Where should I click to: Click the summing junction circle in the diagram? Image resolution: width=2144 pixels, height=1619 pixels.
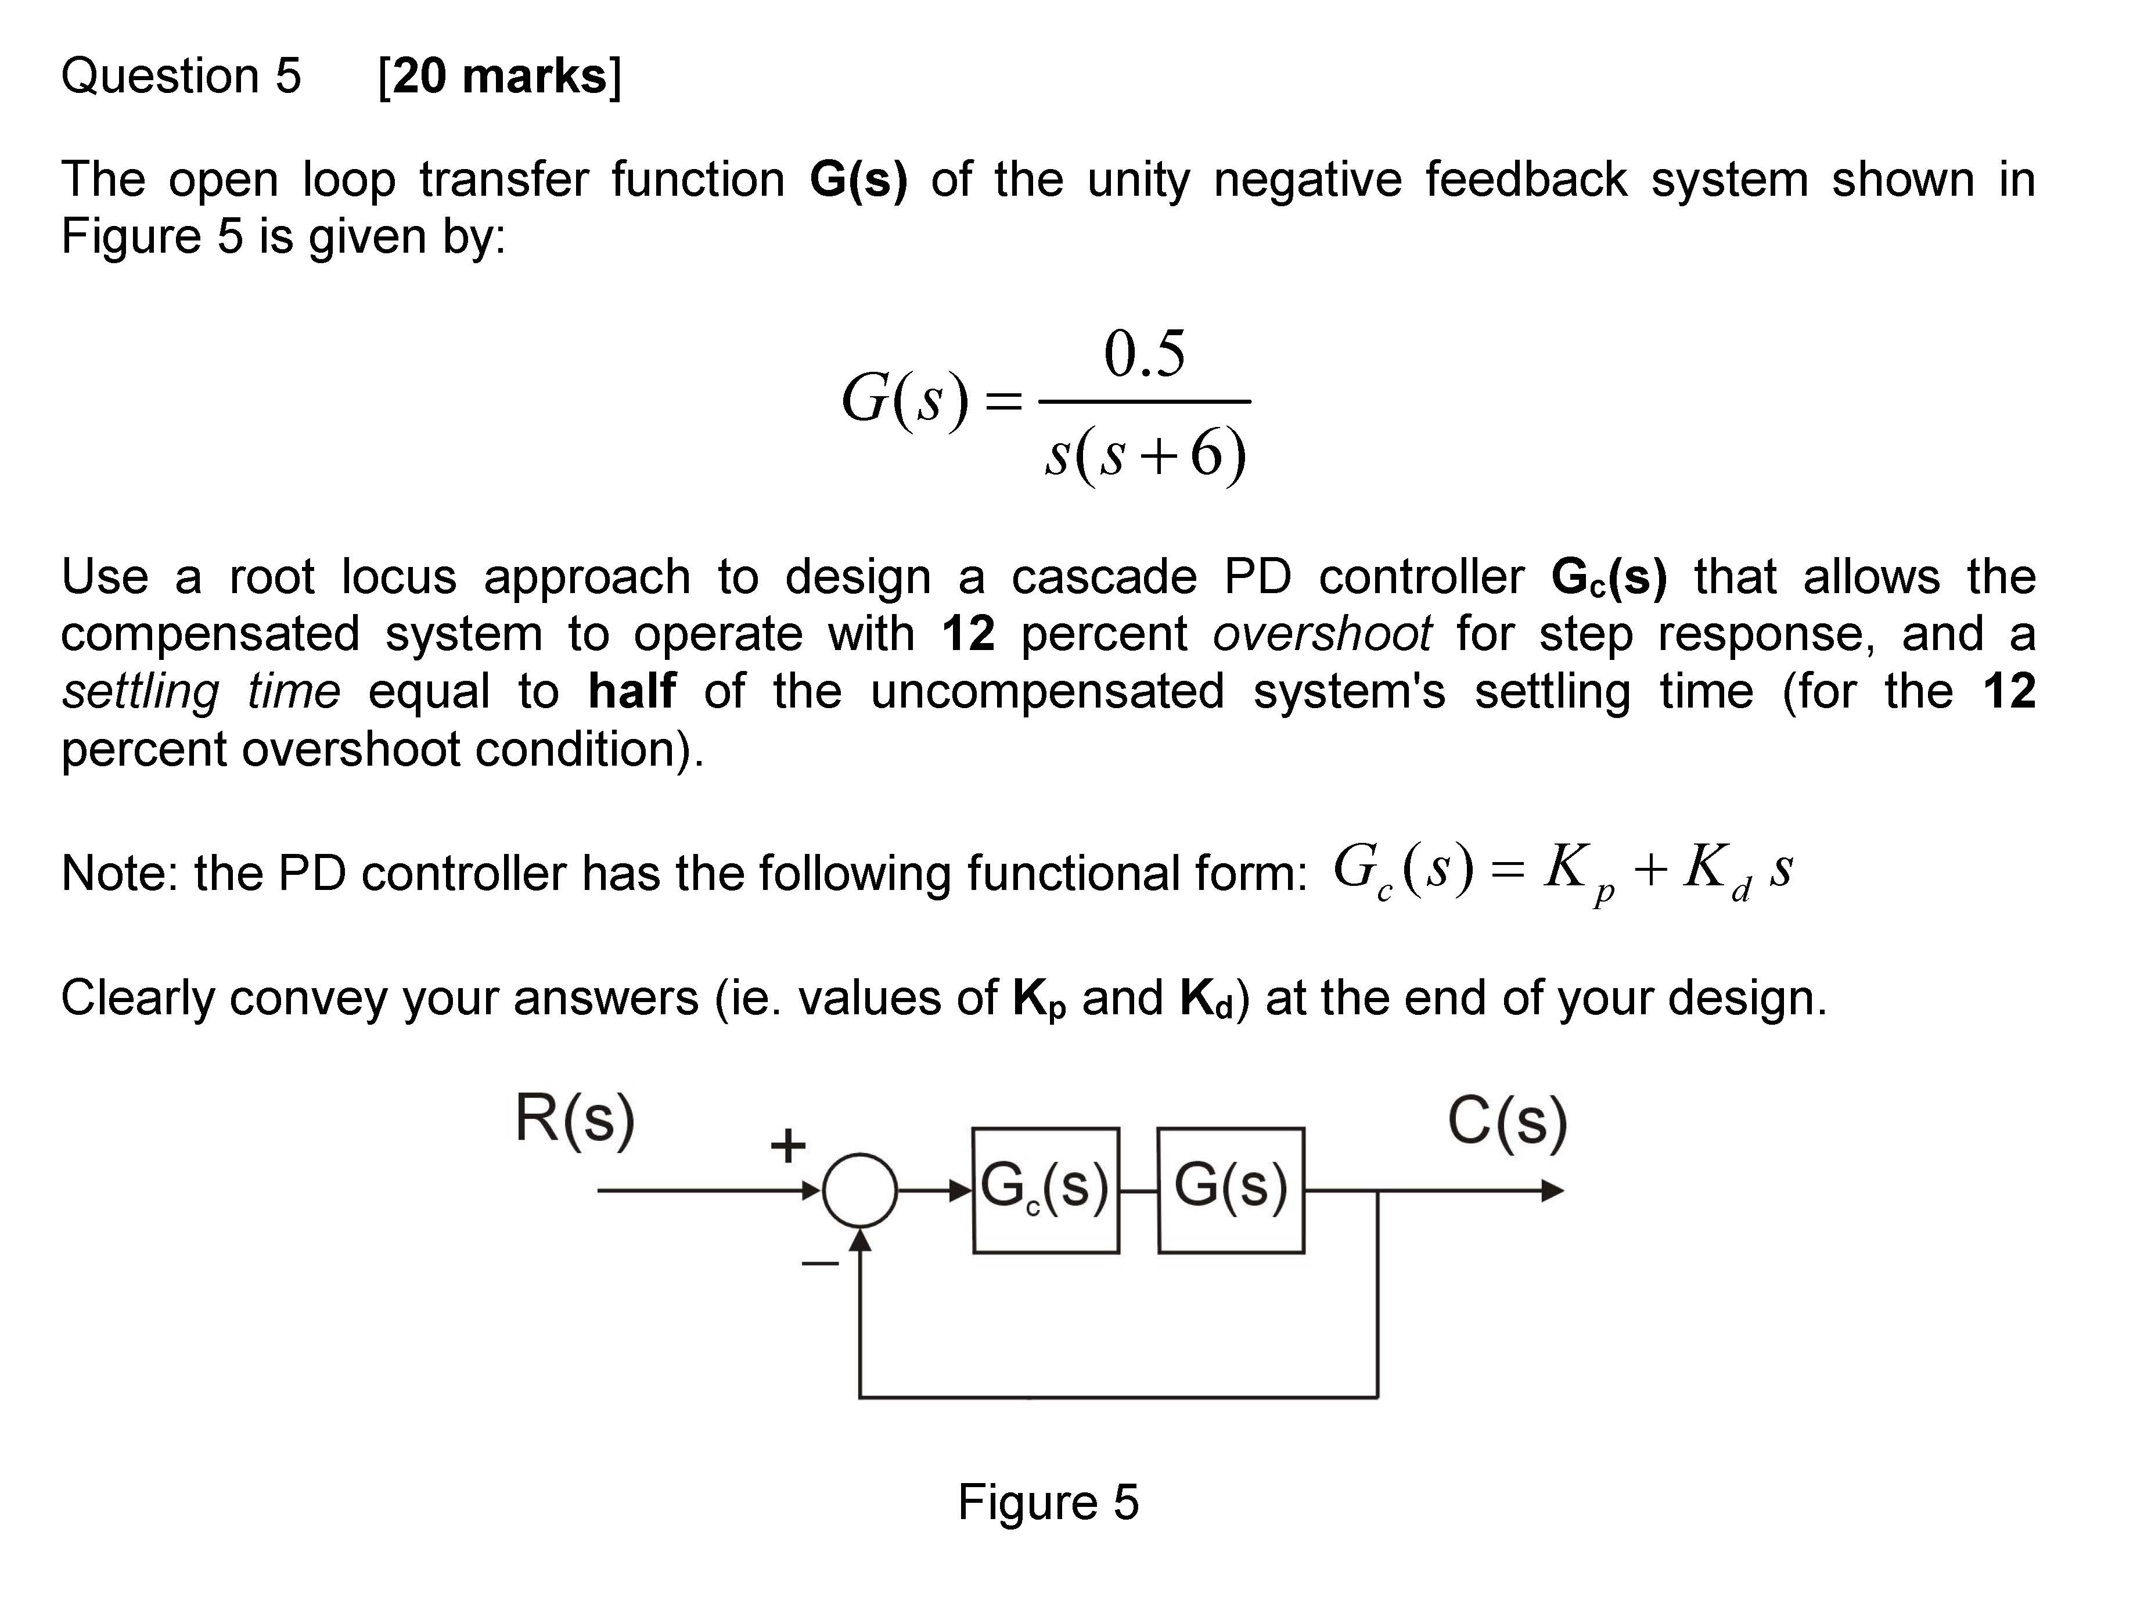[859, 1190]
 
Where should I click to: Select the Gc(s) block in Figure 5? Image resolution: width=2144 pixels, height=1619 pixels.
[1046, 1190]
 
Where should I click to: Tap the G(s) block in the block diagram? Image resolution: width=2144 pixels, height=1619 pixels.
[1230, 1190]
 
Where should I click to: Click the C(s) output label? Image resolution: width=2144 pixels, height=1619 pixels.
[1506, 1123]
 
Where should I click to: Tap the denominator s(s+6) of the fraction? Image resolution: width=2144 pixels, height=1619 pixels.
[1145, 454]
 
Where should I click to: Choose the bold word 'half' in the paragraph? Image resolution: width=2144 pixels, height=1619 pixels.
[632, 691]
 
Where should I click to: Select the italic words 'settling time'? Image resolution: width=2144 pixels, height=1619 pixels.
[200, 691]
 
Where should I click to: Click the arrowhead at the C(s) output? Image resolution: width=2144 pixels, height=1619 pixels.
[1552, 1190]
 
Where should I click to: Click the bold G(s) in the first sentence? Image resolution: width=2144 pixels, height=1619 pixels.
[858, 180]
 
